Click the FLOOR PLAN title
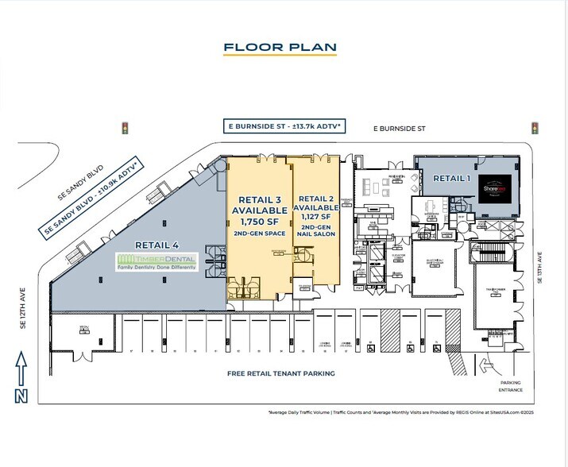click(280, 46)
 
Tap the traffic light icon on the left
click(124, 127)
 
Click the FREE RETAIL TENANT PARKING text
click(280, 373)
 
